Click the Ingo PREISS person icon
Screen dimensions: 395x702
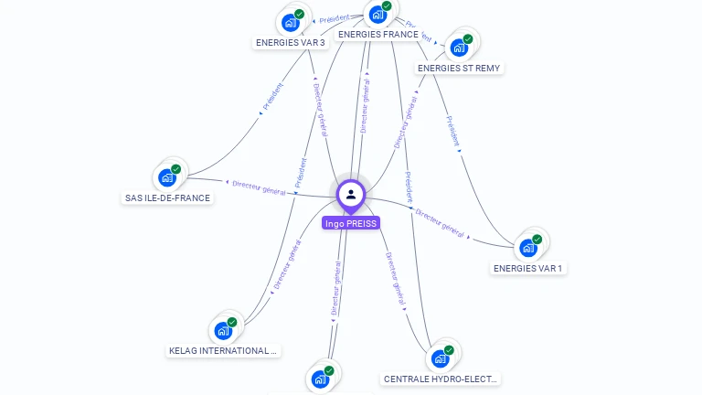click(x=351, y=194)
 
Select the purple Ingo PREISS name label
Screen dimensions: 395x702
click(x=350, y=223)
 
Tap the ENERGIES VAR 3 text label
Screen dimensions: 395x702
click(x=291, y=42)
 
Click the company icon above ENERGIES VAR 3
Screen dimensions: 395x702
click(x=291, y=22)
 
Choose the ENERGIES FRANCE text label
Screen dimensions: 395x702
click(x=378, y=35)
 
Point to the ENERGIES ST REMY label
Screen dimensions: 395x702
click(x=459, y=68)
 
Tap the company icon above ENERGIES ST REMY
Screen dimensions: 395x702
click(x=459, y=48)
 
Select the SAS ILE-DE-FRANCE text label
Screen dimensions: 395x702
click(x=167, y=197)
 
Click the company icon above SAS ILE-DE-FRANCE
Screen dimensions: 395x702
click(x=167, y=177)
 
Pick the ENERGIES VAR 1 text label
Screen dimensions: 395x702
click(x=528, y=268)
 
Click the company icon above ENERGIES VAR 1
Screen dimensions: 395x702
click(x=528, y=248)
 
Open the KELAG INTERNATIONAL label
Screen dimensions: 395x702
click(x=223, y=350)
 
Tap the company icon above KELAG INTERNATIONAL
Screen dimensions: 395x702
click(x=223, y=330)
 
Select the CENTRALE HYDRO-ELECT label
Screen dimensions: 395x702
click(x=441, y=379)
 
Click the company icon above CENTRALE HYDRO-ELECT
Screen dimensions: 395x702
click(x=441, y=358)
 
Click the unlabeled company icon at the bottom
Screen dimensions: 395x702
click(x=320, y=379)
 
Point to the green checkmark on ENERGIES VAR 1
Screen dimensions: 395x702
click(x=537, y=240)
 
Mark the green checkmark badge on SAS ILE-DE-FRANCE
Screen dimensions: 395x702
click(x=176, y=169)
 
